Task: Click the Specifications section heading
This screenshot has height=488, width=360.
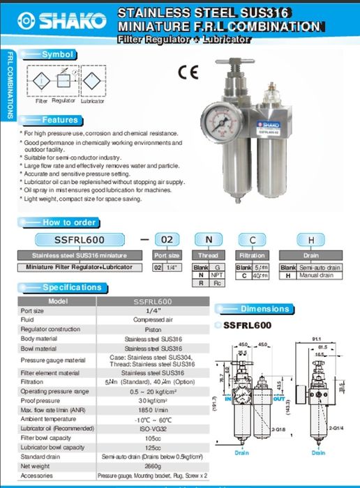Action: pos(72,287)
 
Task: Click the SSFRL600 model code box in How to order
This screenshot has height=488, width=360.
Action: pos(79,240)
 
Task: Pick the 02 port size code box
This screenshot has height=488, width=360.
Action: pos(166,240)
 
